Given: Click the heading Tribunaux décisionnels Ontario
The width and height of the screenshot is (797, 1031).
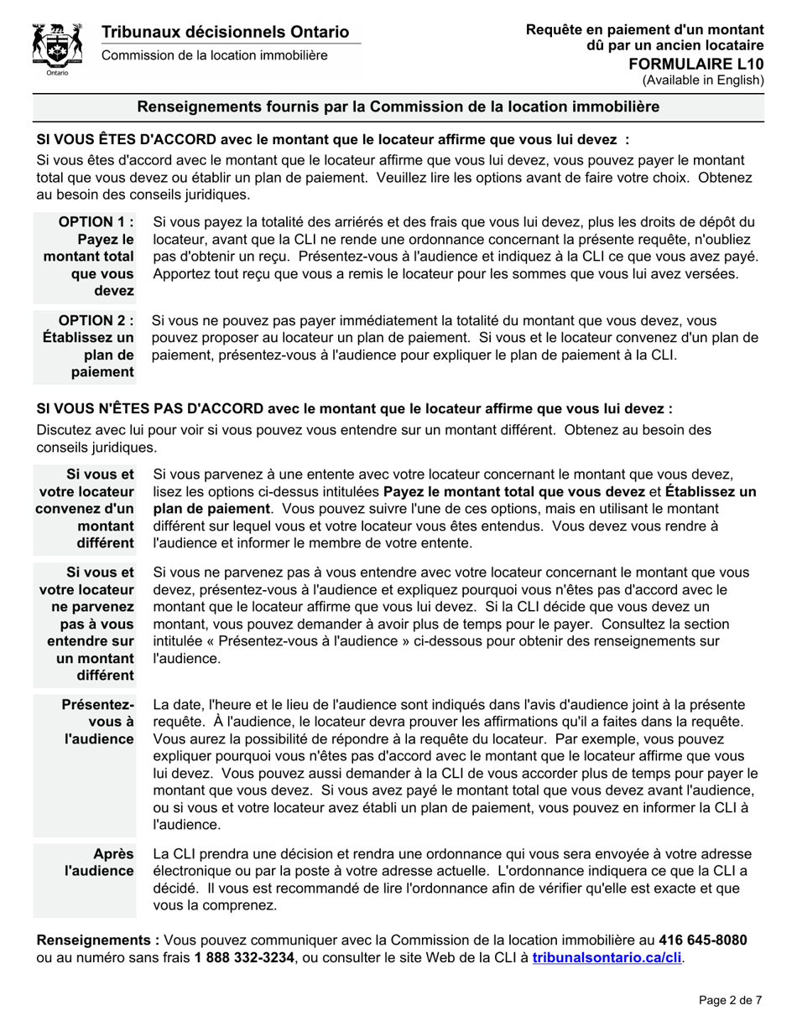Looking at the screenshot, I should [x=225, y=32].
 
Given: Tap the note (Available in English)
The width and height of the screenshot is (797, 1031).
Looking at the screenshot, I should [x=703, y=80].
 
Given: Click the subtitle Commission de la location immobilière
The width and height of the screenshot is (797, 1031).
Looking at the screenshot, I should [x=215, y=55].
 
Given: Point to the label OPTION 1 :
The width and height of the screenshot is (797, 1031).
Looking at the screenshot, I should [x=96, y=222].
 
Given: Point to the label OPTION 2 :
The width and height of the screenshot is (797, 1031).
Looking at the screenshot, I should [x=96, y=320].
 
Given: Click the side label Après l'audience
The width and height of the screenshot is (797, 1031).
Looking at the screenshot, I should [x=100, y=863].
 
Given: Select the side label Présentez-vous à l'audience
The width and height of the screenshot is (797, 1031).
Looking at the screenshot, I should [x=100, y=722].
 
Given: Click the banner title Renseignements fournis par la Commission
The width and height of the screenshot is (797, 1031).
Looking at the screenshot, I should [x=398, y=107].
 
